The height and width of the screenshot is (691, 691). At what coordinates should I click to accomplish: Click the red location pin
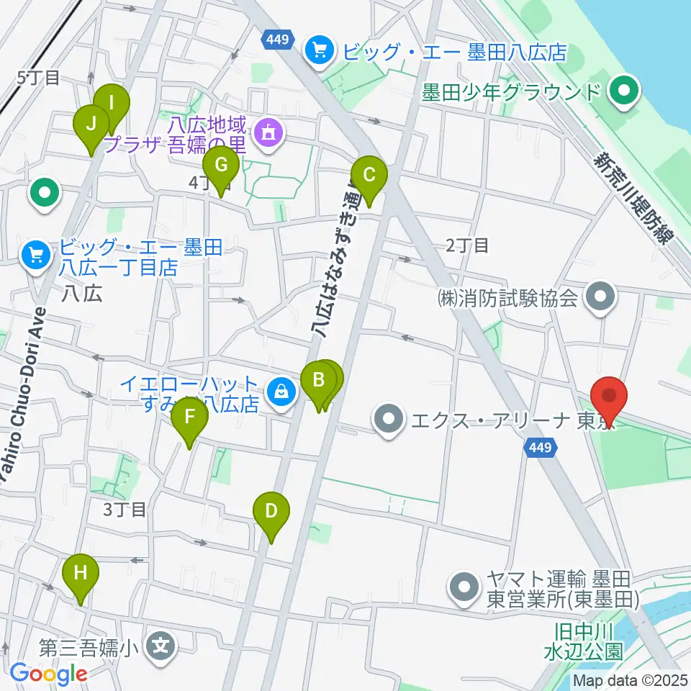coord(609,397)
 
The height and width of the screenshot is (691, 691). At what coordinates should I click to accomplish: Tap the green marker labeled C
coord(369,175)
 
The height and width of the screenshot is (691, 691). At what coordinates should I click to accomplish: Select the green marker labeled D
coord(271,511)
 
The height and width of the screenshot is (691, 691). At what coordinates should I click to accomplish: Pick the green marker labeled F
coord(189,417)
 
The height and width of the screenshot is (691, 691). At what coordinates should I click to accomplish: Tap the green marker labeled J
coord(91,123)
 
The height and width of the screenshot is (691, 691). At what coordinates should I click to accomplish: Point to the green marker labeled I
coord(112,103)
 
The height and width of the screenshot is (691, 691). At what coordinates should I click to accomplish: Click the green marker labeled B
coord(318,379)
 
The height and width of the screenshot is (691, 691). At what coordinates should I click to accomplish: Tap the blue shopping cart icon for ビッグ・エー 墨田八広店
coord(317,50)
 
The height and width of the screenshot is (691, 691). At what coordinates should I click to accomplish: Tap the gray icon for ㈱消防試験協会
coord(600,297)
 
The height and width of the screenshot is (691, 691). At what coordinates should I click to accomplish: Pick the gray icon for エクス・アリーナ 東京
coord(389,417)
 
